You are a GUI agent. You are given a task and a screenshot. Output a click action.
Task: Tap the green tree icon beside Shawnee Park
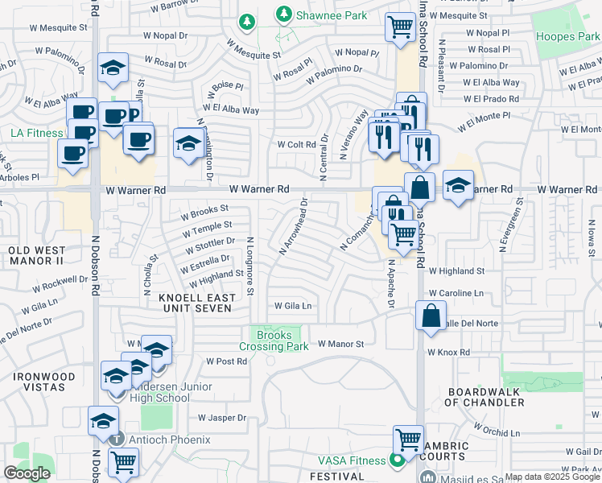coord(282,14)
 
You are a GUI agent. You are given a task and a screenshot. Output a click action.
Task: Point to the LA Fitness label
coord(37,132)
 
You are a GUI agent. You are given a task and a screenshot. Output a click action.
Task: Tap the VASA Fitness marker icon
coord(395,461)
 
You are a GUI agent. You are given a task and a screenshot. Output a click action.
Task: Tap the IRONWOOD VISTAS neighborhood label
coord(38,382)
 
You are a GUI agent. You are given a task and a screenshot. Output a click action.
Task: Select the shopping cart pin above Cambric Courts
coord(408,440)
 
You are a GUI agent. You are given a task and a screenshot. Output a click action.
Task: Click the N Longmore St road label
coord(250,266)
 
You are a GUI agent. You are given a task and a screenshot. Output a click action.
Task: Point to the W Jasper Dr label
coord(222,418)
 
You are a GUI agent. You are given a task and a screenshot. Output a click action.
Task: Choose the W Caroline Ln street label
coord(456,293)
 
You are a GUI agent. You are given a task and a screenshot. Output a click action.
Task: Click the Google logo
coord(27,473)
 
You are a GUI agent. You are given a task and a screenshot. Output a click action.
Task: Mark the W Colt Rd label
coord(296,145)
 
